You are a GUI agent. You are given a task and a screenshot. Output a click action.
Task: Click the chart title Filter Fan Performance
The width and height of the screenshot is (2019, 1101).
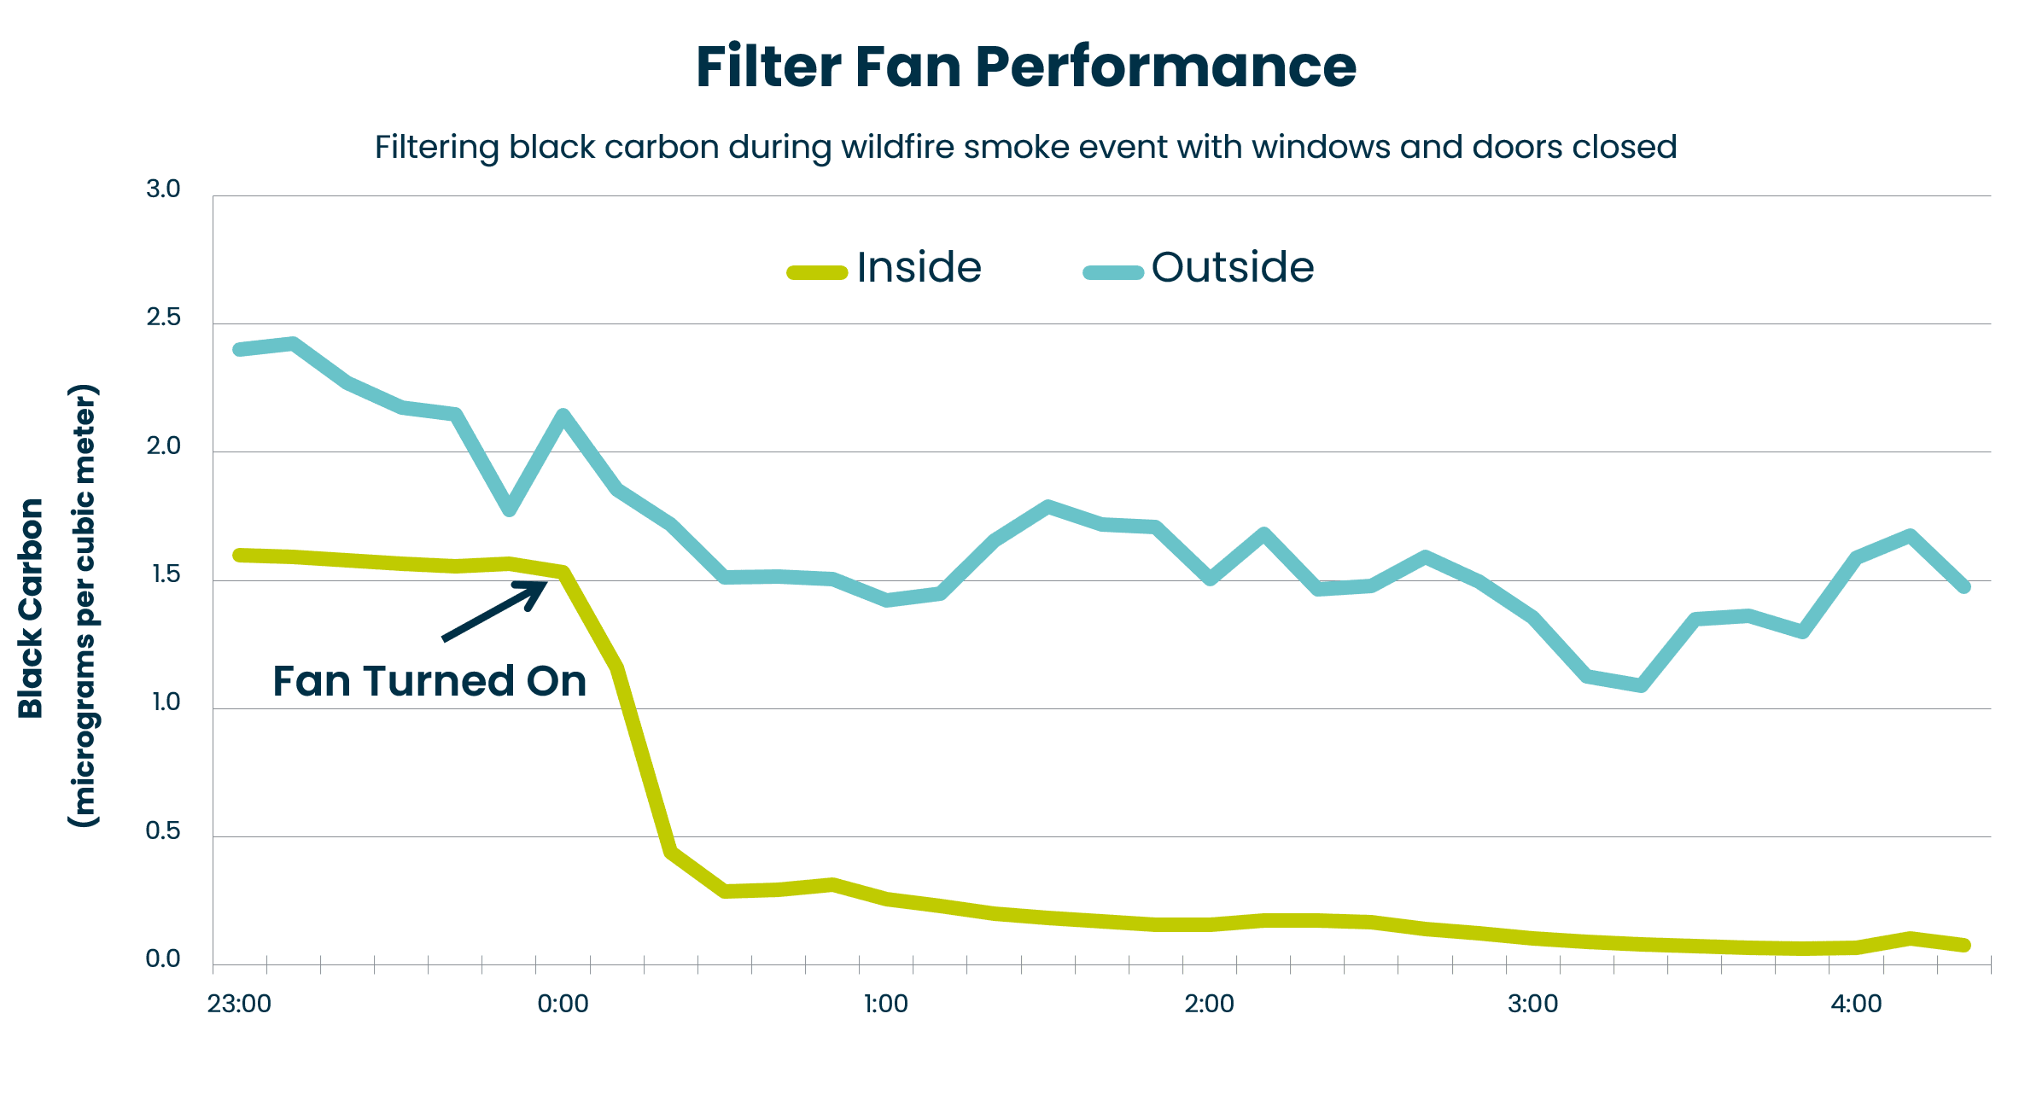tap(1025, 67)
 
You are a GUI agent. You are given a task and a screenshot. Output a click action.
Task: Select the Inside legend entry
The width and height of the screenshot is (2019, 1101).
tap(885, 268)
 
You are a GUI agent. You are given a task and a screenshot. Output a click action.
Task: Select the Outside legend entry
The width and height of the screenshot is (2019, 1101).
tap(1199, 268)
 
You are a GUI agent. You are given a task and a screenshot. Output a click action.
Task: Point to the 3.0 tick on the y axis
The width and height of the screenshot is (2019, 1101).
tap(163, 189)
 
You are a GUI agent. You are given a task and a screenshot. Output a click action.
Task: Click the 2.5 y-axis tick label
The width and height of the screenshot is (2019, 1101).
tap(163, 317)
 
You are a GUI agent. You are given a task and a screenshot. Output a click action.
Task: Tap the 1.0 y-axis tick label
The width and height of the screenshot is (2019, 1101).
tap(166, 702)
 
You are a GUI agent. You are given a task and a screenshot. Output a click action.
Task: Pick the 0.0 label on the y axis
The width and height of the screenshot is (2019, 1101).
tap(163, 958)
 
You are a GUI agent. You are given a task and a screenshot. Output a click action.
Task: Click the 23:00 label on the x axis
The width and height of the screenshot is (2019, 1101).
tap(239, 1004)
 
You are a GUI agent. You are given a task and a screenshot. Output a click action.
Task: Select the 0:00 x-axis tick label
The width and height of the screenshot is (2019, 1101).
tap(563, 1004)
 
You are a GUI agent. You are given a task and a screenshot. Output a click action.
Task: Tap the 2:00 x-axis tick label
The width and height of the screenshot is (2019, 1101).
tap(1209, 1004)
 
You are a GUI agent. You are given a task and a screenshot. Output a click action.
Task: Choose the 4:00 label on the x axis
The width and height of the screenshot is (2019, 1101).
tap(1856, 1004)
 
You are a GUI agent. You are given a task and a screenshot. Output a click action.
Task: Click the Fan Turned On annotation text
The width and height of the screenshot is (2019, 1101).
tap(429, 681)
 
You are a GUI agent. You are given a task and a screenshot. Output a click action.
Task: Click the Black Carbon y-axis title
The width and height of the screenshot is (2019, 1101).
tap(31, 608)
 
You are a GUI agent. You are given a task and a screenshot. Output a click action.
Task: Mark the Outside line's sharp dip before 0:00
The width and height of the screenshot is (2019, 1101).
tap(509, 510)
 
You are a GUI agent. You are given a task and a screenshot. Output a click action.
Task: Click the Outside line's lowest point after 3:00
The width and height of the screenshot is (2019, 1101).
tap(1641, 685)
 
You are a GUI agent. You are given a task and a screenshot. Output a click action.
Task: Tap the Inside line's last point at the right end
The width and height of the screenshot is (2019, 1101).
tap(1964, 945)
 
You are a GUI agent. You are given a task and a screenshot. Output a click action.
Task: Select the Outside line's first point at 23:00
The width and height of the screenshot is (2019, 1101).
tap(240, 349)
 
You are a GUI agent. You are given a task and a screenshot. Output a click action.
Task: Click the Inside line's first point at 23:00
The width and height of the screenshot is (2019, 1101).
tap(240, 556)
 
